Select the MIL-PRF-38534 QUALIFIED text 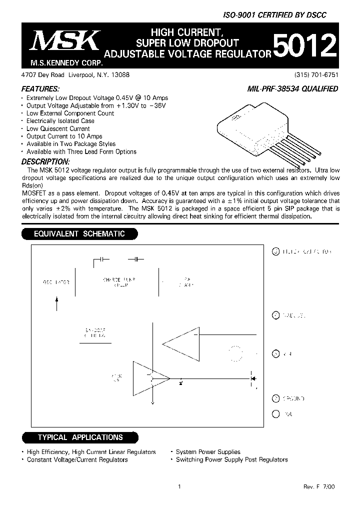pyautogui.click(x=293, y=89)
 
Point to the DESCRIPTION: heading pyautogui.click(x=45, y=161)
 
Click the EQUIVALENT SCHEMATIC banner pyautogui.click(x=79, y=233)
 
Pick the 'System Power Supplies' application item pyautogui.click(x=208, y=452)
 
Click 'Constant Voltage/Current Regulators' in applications pyautogui.click(x=77, y=459)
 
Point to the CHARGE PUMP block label pyautogui.click(x=119, y=282)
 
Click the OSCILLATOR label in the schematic pyautogui.click(x=55, y=282)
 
